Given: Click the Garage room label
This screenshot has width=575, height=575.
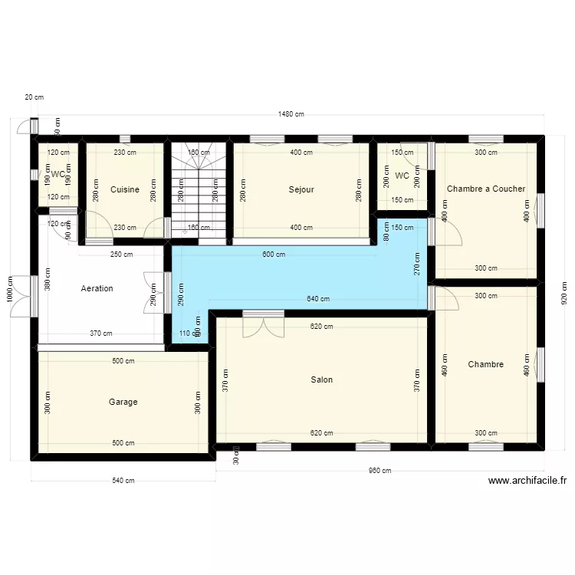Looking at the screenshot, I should click(123, 402).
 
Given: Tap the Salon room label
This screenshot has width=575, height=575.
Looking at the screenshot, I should click(322, 379).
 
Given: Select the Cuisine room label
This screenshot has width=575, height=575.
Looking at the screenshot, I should click(125, 189).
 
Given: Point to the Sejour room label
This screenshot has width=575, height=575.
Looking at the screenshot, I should click(301, 189).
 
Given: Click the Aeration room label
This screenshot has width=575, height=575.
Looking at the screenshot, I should click(97, 288).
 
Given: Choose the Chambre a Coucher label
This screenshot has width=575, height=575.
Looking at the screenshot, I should click(486, 189).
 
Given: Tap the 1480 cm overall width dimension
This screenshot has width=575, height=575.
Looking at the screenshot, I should click(291, 114).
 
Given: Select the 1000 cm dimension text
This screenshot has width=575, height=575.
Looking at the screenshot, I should click(9, 289).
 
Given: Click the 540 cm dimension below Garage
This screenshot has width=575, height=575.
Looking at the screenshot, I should click(123, 481).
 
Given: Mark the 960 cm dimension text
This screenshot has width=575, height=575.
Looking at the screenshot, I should click(379, 471).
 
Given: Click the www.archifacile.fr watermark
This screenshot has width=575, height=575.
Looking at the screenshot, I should click(527, 481).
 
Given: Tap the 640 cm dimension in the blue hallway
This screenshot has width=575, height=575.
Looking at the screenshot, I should click(317, 299).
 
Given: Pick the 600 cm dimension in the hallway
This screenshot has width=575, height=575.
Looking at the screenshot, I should click(274, 255).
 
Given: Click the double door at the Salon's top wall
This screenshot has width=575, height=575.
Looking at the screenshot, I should click(263, 325).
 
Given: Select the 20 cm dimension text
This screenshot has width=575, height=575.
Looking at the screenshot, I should click(34, 97).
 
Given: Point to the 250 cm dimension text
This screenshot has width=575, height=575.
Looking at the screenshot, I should click(121, 255).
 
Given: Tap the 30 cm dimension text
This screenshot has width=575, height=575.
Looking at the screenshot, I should click(236, 458).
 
